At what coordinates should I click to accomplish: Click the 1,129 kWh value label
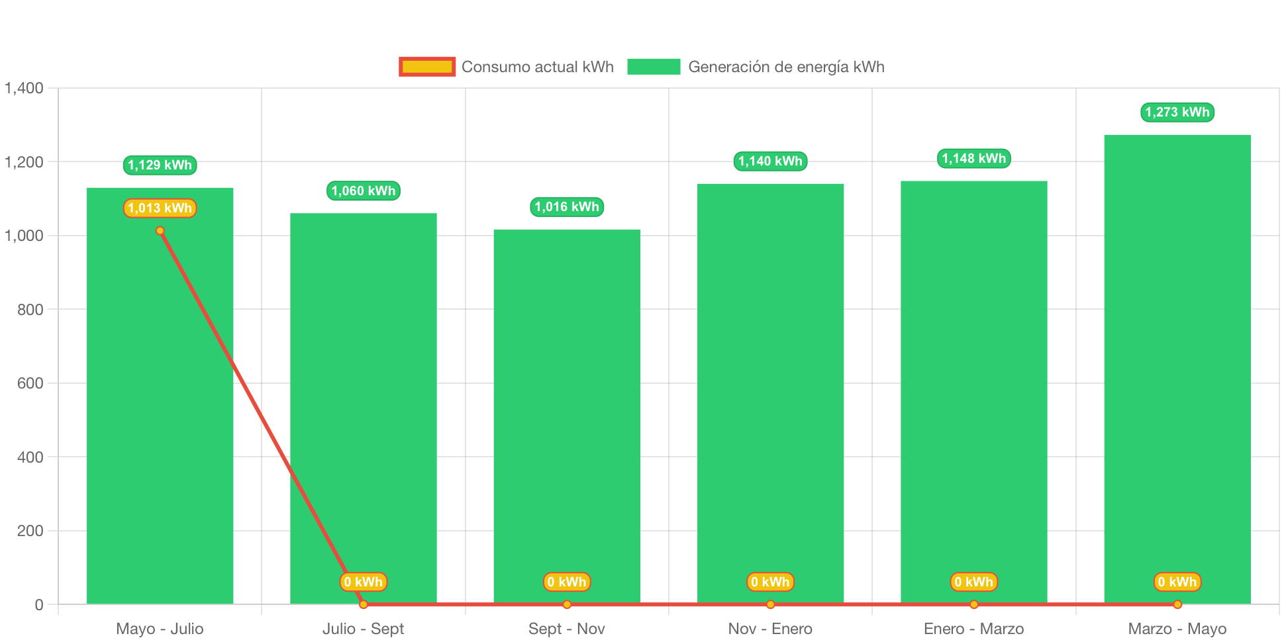tap(160, 165)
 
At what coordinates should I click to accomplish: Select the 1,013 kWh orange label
tap(160, 208)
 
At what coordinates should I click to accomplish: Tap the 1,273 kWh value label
tap(1177, 112)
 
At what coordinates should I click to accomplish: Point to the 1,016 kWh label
tap(567, 206)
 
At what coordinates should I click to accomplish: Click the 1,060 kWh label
tap(363, 191)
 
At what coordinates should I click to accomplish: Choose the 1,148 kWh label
tap(973, 158)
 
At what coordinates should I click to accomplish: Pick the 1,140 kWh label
tap(770, 161)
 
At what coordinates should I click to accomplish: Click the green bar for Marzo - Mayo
tap(1177, 364)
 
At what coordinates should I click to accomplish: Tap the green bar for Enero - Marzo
tap(973, 384)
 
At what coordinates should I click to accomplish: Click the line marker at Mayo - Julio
tap(160, 231)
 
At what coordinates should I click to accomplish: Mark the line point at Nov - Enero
tap(770, 604)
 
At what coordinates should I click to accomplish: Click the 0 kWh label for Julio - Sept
tap(363, 582)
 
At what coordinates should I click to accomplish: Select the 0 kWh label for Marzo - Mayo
tap(1177, 582)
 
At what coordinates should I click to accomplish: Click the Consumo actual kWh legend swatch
tap(427, 67)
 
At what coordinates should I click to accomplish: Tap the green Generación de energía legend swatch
tap(654, 67)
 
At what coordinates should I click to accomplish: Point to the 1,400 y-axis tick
tap(24, 88)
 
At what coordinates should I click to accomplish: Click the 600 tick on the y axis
tap(30, 383)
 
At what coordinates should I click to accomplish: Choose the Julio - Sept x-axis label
tap(363, 628)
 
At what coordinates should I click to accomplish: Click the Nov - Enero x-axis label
tap(770, 628)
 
